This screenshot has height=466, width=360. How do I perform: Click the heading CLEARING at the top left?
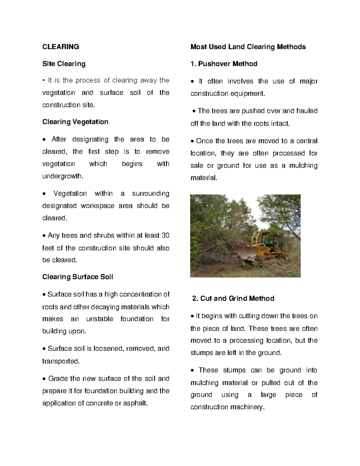pos(61,47)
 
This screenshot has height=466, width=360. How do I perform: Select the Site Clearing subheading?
pos(64,64)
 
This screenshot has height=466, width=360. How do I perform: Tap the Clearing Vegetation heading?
pos(75,122)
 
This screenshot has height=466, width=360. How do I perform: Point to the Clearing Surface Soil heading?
pos(78,277)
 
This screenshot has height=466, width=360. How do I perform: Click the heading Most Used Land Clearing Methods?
pos(248,47)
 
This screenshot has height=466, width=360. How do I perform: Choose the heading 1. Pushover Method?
pos(224,64)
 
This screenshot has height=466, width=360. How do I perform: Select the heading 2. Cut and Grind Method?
pos(233,299)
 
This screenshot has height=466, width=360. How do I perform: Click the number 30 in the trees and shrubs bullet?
pos(165,236)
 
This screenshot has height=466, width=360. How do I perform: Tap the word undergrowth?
pos(63,176)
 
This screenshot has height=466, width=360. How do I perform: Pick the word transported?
pos(61,361)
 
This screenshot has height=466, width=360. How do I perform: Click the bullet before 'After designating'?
pos(44,140)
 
